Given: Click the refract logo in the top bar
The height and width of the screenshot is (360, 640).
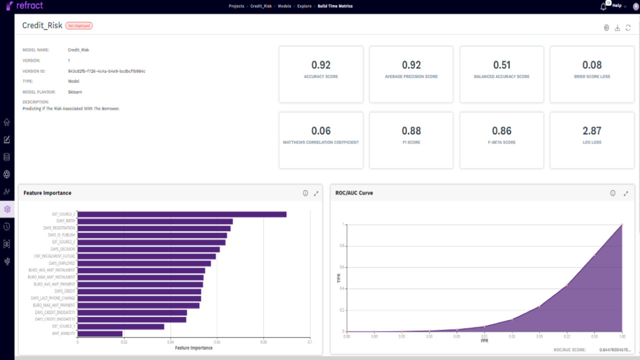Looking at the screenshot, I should [x=24, y=5].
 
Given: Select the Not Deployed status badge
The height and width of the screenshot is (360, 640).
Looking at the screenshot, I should [x=79, y=25].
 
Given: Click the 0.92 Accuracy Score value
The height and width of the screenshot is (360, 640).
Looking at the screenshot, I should [x=320, y=65].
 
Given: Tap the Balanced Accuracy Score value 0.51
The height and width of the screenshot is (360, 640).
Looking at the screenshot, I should [x=501, y=65].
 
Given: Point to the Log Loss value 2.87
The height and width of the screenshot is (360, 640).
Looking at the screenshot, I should [x=592, y=131].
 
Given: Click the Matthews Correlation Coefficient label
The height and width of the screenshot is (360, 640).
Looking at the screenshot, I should [x=320, y=142].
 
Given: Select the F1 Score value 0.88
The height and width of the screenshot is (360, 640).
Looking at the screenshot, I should [x=411, y=131].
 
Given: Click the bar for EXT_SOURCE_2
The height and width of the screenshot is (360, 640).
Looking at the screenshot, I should [x=182, y=214].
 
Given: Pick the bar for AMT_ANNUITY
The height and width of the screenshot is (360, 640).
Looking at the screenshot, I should [x=100, y=333].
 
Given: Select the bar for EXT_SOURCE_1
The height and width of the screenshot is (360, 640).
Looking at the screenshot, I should [x=121, y=326].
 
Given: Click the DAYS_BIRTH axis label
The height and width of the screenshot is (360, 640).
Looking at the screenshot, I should [x=65, y=221].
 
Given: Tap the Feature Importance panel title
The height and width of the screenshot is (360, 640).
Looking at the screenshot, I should [x=47, y=193].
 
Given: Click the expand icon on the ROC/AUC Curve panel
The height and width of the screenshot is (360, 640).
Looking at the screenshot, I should [x=625, y=193].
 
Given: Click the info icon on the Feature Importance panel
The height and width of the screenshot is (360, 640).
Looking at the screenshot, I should [x=305, y=193].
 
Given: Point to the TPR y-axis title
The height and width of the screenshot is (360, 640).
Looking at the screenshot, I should [x=339, y=278].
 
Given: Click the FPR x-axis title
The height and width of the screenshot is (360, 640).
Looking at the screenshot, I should [x=484, y=341].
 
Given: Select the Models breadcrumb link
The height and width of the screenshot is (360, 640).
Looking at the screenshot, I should [x=284, y=6].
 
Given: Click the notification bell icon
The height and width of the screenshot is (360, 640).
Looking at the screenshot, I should [x=603, y=6].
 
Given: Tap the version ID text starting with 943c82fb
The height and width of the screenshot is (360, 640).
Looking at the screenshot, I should [x=106, y=71].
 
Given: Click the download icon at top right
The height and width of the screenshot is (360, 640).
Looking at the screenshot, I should [x=617, y=28].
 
